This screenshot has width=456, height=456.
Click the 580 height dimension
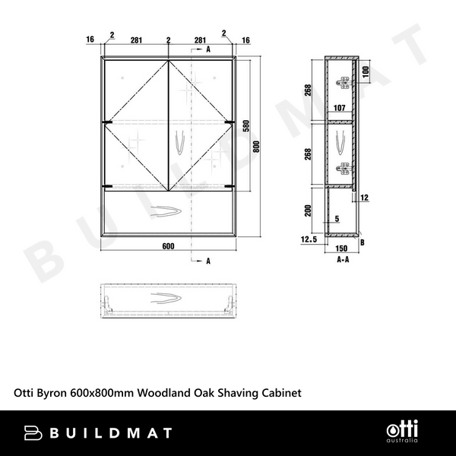pyautogui.click(x=245, y=128)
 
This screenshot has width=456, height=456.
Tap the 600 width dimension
pyautogui.click(x=168, y=245)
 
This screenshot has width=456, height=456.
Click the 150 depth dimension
pyautogui.click(x=341, y=248)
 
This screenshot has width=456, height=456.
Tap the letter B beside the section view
pyautogui.click(x=363, y=242)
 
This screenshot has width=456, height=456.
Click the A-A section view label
pyautogui.click(x=342, y=258)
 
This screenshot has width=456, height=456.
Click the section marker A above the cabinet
pyautogui.click(x=207, y=49)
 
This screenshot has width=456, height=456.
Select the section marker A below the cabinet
pyautogui.click(x=207, y=261)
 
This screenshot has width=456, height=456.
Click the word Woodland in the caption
pyautogui.click(x=180, y=393)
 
